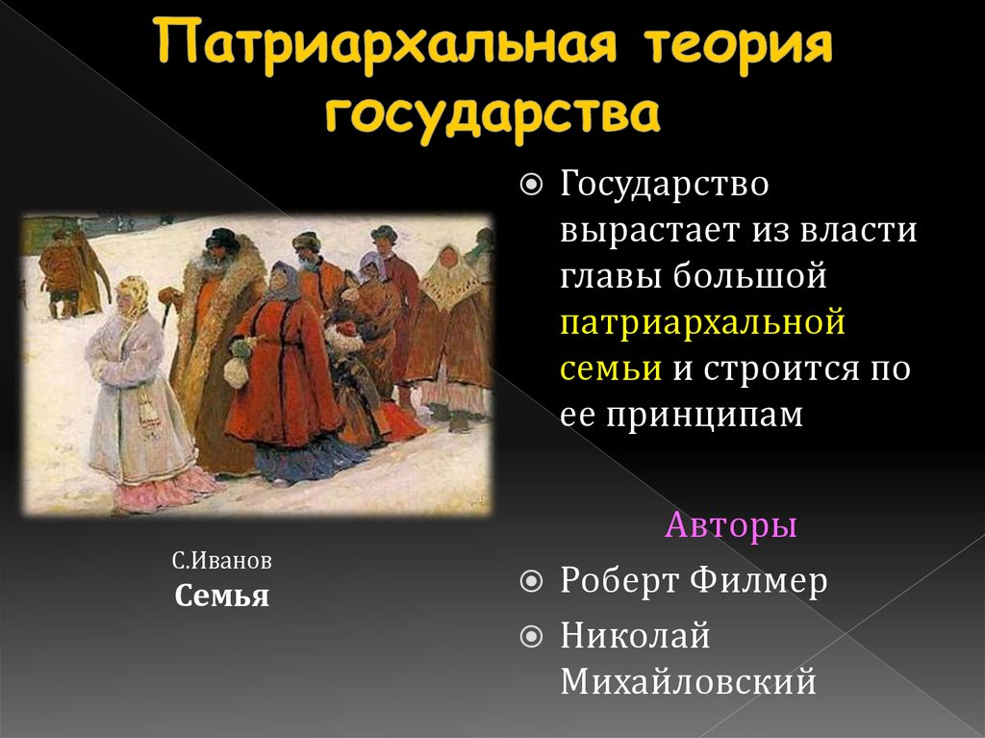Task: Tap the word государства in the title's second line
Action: tap(492, 115)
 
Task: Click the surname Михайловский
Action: tap(688, 681)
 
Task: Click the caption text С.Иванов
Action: tap(222, 560)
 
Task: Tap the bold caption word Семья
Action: tap(222, 596)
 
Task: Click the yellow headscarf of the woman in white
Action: tap(133, 294)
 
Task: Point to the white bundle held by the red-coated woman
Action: tap(238, 369)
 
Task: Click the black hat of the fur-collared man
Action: tap(222, 239)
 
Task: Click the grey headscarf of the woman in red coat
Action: tap(284, 279)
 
